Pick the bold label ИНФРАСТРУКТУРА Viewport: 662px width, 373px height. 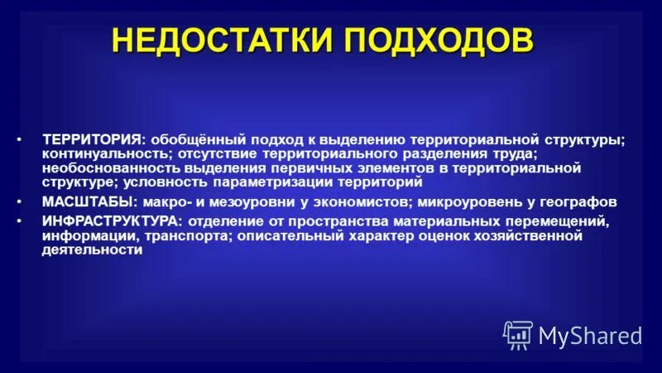(x=113, y=222)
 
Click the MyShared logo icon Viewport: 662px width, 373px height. (x=518, y=334)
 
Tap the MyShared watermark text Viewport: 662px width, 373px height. (x=590, y=336)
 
